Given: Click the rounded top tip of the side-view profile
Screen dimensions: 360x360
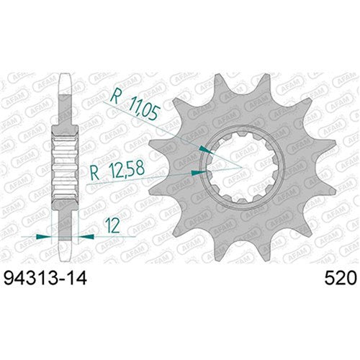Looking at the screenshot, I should click(65, 73).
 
